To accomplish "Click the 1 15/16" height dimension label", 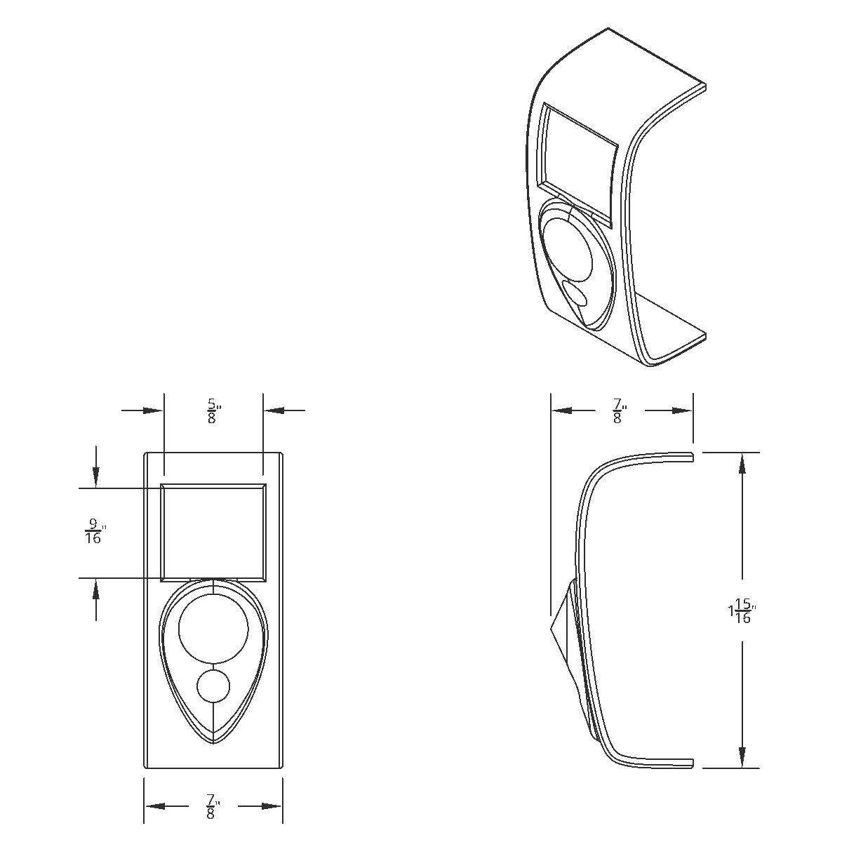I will pyautogui.click(x=742, y=611).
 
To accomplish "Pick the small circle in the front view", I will pyautogui.click(x=213, y=686).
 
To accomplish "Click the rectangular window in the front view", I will pyautogui.click(x=213, y=533).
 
